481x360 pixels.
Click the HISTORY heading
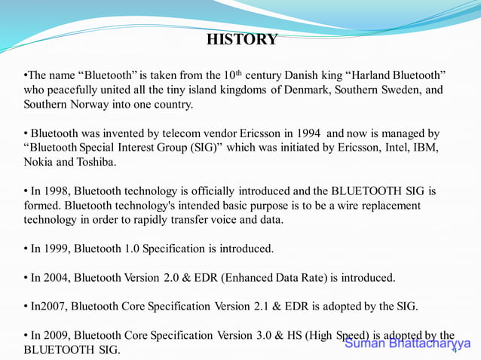(x=241, y=39)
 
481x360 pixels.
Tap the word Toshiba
(x=96, y=161)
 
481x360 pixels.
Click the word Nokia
(x=39, y=161)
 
